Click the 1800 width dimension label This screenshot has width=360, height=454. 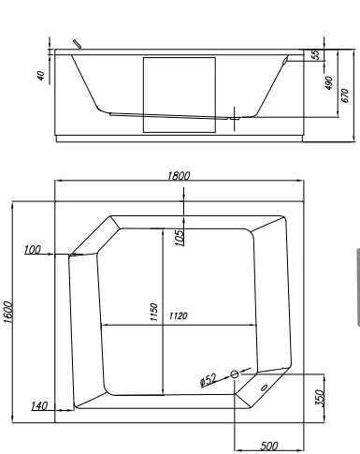[x=180, y=176]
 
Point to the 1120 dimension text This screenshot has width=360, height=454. [x=179, y=316]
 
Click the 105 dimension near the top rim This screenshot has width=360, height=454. [x=179, y=233]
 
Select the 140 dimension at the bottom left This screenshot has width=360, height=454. [x=39, y=405]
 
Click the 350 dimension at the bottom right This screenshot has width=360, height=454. [x=319, y=396]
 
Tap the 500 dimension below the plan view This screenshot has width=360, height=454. [x=268, y=445]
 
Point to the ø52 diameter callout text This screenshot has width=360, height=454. [x=208, y=379]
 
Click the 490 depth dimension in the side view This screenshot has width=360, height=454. [x=328, y=84]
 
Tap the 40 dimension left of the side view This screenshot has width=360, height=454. [x=40, y=73]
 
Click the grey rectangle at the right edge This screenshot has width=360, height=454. [x=356, y=287]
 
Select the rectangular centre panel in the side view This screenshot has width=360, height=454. [x=179, y=94]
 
